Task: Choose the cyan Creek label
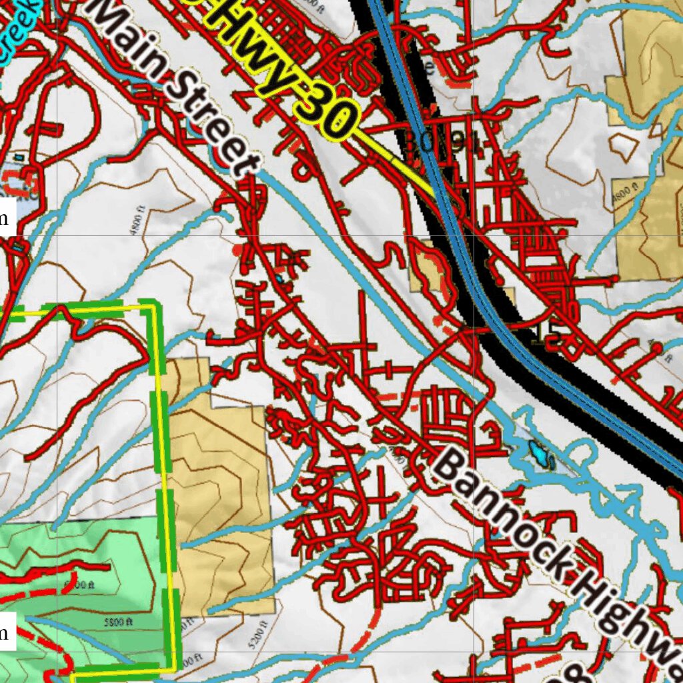pyautogui.click(x=17, y=27)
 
